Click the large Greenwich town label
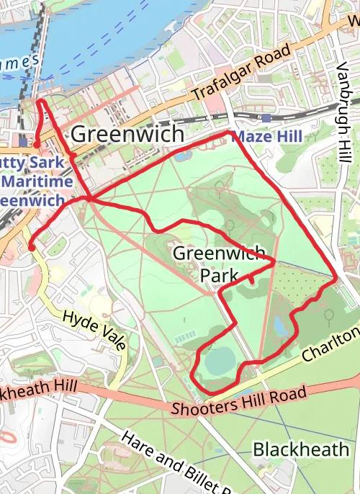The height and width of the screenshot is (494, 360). tap(127, 135)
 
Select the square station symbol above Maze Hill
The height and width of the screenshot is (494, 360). tap(267, 118)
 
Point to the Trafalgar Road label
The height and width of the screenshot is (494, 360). tap(240, 73)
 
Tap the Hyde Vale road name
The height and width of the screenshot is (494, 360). tap(94, 329)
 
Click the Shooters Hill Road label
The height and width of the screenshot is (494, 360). tap(239, 400)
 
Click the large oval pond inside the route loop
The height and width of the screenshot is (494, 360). tap(219, 360)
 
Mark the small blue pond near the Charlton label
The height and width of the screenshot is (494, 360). tap(279, 326)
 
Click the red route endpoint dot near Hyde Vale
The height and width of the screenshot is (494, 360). tap(31, 248)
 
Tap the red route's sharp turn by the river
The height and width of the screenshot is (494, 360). tap(40, 102)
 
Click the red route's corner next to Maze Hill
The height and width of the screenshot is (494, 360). tap(229, 133)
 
